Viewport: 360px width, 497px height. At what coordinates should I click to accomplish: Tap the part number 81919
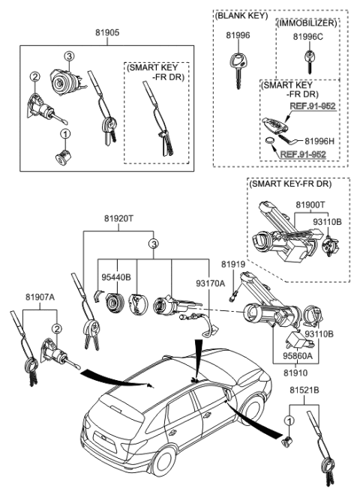tap(232, 265)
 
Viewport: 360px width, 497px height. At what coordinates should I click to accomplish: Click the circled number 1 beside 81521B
tap(289, 421)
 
